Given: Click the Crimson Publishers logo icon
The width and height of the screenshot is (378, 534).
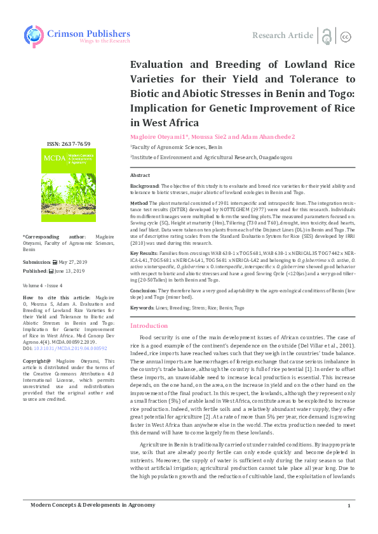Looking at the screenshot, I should click(x=34, y=35).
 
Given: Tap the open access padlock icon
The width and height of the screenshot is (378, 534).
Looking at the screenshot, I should click(x=326, y=36).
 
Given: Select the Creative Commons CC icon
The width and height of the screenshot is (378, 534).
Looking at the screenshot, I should click(x=346, y=36).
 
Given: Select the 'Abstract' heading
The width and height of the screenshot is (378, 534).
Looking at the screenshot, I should click(x=140, y=174).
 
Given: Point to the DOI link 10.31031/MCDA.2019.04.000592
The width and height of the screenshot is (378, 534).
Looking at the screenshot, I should click(x=69, y=349).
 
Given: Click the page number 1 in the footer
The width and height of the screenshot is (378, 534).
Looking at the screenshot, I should click(x=349, y=523).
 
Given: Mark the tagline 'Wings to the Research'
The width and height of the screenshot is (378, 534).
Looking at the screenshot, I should click(x=104, y=41).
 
